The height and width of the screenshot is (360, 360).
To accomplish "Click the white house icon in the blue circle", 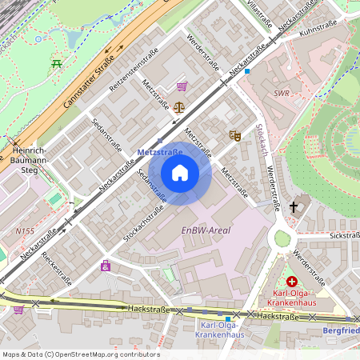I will (180, 173).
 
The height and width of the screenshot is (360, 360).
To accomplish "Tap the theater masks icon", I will (234, 136).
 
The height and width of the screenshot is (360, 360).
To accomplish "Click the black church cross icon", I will (294, 206).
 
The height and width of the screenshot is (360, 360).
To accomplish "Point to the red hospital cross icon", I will (292, 282).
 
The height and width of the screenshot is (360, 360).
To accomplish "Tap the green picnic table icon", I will (57, 64).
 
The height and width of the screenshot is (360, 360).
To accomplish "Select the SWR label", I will (281, 93).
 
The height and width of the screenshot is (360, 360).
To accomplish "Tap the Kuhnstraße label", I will (318, 26).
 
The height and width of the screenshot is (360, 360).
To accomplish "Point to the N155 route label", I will (25, 230).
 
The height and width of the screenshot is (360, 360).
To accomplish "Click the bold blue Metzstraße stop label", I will (160, 150).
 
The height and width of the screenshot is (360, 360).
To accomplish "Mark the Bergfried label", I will (342, 330).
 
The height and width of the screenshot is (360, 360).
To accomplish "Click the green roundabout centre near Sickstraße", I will (282, 238).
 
